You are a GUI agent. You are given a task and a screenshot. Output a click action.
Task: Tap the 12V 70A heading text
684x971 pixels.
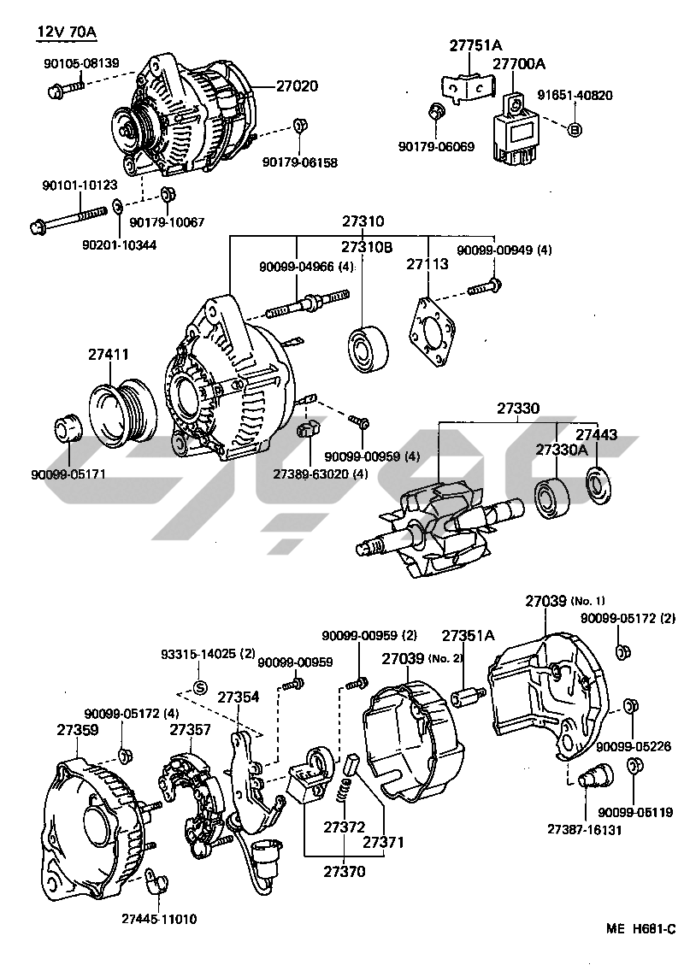pos(66,33)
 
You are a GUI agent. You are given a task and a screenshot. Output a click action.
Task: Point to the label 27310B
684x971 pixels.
pos(367,248)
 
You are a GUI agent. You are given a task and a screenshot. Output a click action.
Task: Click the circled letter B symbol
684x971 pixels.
pos(575,129)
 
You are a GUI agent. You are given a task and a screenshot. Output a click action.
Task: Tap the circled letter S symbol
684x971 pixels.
pos(199,688)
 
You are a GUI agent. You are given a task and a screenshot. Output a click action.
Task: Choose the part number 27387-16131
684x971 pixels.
pos(584,829)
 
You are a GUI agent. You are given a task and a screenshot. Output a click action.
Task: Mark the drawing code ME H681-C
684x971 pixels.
pos(641,929)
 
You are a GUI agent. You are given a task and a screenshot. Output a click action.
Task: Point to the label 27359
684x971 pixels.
pos(78,730)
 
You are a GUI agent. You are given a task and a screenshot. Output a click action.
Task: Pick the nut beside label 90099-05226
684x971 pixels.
pos(630,706)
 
